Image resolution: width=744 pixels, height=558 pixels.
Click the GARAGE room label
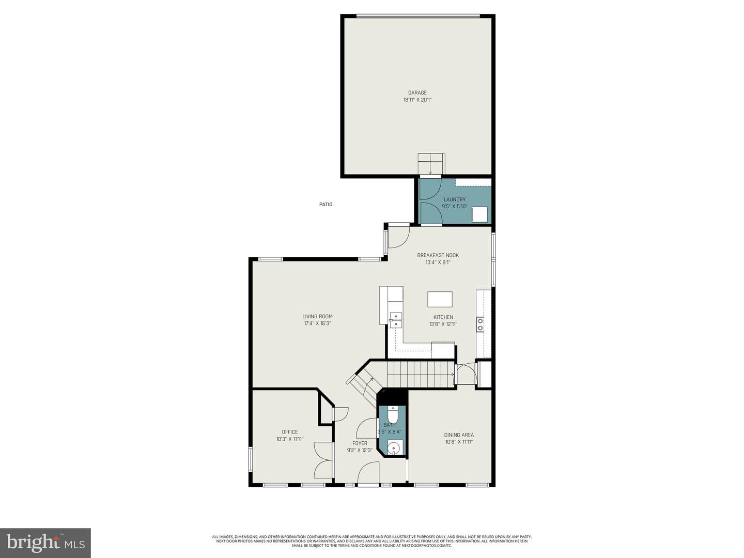tap(417, 93)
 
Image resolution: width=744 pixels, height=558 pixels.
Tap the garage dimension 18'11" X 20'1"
tap(417, 100)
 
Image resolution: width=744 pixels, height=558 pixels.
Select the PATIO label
tap(326, 205)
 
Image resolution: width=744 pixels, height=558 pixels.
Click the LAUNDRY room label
tap(454, 199)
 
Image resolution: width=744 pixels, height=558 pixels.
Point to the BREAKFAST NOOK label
tap(438, 255)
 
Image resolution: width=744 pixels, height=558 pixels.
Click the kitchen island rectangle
tap(440, 300)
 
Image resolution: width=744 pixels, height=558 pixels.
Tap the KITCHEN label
tap(443, 317)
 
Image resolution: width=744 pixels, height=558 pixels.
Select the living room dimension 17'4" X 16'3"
tap(317, 323)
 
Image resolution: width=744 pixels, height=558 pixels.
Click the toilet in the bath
tap(393, 414)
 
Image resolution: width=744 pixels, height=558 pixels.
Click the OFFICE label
tap(289, 432)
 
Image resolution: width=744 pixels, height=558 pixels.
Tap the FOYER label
tap(360, 443)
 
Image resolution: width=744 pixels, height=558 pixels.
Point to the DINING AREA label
tap(459, 435)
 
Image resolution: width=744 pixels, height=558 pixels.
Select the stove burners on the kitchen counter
tap(481, 324)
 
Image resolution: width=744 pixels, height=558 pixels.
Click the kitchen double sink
tap(395, 320)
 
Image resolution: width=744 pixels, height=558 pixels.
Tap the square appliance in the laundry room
tap(479, 214)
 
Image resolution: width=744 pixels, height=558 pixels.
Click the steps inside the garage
tap(431, 164)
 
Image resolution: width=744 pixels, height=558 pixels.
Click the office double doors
tap(323, 460)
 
